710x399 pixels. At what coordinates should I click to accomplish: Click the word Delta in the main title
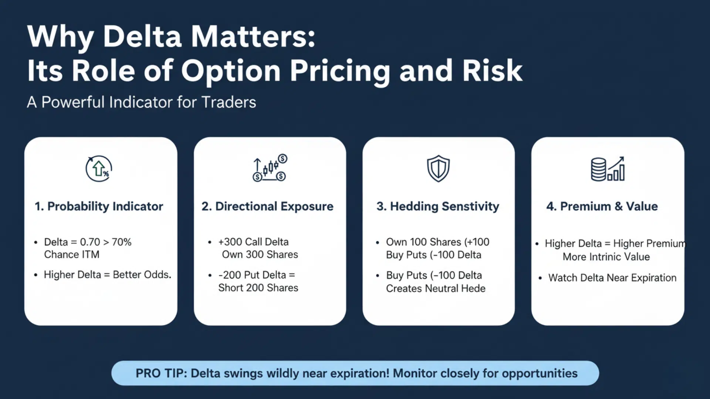[142, 37]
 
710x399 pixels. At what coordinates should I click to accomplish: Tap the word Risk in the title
[492, 71]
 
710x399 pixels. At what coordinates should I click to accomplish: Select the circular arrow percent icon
[99, 169]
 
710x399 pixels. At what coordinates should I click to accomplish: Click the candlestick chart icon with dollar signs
[270, 168]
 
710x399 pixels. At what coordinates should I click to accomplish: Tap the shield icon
[438, 168]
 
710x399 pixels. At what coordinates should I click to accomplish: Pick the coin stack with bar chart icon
[608, 169]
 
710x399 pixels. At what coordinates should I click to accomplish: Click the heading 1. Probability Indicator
[99, 206]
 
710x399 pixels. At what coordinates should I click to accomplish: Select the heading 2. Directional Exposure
[267, 206]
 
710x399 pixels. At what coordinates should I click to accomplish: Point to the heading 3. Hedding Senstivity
[438, 206]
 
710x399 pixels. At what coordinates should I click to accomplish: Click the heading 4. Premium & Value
[602, 206]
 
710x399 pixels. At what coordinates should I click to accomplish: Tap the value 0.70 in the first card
[90, 242]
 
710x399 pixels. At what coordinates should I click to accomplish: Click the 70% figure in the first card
[122, 242]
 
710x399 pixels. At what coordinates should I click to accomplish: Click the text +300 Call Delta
[253, 242]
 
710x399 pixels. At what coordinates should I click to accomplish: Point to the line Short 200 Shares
[258, 288]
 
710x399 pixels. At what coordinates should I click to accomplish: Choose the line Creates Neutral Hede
[436, 289]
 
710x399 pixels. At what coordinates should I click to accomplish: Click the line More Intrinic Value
[606, 257]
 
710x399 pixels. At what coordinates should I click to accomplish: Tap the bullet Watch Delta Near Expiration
[612, 278]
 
